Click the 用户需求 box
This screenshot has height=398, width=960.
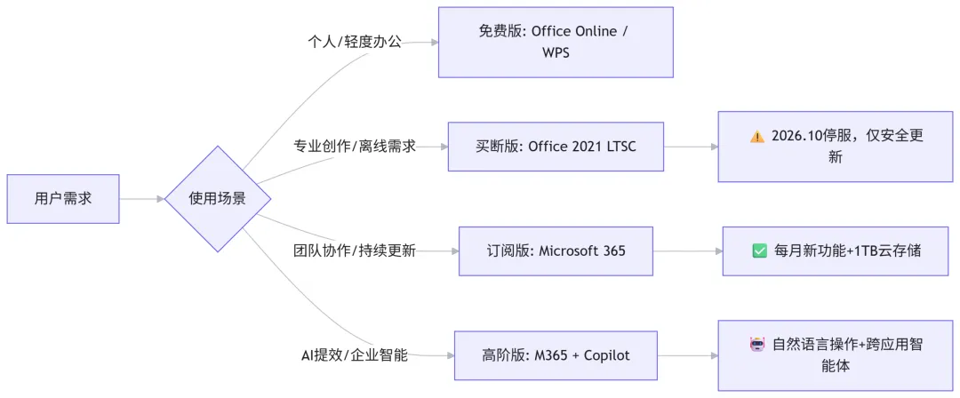[x=62, y=199]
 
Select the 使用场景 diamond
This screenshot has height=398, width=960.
[x=218, y=199]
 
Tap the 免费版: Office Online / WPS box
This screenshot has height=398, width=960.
[x=556, y=42]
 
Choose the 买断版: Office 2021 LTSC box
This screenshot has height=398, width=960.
[x=556, y=147]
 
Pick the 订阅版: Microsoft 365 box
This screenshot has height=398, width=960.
[x=556, y=251]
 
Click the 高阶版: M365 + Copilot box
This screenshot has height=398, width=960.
[x=556, y=355]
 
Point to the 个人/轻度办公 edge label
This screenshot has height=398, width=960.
[x=355, y=42]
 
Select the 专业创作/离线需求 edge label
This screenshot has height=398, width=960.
[x=355, y=147]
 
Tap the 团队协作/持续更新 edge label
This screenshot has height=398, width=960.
[x=355, y=251]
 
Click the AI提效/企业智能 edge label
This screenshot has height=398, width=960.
[x=355, y=355]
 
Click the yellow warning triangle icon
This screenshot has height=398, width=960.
[x=756, y=137]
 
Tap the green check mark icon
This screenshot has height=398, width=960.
[x=759, y=251]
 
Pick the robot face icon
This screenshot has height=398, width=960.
[x=758, y=344]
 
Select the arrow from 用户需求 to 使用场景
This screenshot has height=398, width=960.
[x=142, y=199]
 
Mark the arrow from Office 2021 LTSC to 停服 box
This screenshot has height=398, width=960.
[x=691, y=147]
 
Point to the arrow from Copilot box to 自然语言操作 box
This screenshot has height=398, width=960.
[x=687, y=355]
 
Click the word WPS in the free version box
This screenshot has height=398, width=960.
[x=556, y=52]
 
